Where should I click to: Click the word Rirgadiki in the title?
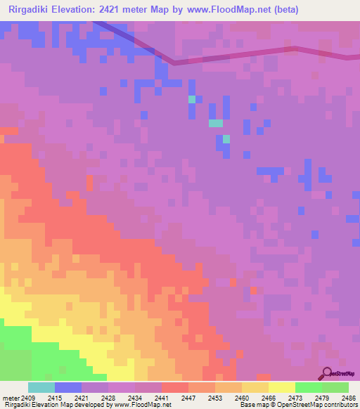click(x=32, y=10)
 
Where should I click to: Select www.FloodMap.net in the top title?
click(x=233, y=10)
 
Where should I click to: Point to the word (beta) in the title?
click(x=286, y=10)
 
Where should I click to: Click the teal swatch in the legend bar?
click(x=41, y=387)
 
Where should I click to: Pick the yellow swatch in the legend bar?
click(x=282, y=387)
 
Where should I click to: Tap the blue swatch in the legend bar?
click(x=68, y=387)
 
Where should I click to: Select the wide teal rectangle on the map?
click(x=216, y=123)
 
